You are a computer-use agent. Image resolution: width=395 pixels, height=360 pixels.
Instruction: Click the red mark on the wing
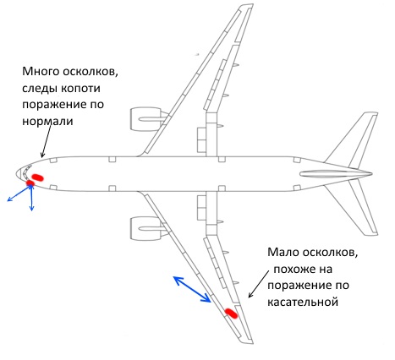click(231, 314)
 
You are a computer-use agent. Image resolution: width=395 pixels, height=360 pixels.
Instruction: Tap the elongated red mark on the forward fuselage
click(37, 177)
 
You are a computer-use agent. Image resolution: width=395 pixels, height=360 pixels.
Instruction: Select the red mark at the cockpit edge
click(30, 183)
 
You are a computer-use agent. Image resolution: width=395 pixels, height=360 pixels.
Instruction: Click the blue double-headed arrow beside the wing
click(192, 290)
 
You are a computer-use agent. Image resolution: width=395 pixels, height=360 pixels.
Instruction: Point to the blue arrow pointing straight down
click(31, 199)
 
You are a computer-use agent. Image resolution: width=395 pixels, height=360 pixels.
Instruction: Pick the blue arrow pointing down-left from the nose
click(19, 194)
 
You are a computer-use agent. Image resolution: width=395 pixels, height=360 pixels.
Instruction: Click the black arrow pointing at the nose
click(46, 141)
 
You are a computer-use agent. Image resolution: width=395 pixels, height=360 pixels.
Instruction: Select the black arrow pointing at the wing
click(258, 284)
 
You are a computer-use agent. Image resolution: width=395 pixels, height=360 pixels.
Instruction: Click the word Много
click(41, 71)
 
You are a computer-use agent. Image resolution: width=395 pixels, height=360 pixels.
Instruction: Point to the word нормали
click(47, 121)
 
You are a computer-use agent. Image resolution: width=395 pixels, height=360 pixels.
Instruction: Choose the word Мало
click(283, 252)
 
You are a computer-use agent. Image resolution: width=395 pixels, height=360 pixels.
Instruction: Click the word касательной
click(303, 303)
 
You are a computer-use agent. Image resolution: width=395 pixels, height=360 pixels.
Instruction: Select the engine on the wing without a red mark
click(150, 119)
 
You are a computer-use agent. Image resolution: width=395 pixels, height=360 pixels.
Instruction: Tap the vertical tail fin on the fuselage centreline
click(336, 174)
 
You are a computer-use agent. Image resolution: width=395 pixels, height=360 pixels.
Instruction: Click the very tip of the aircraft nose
click(16, 174)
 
